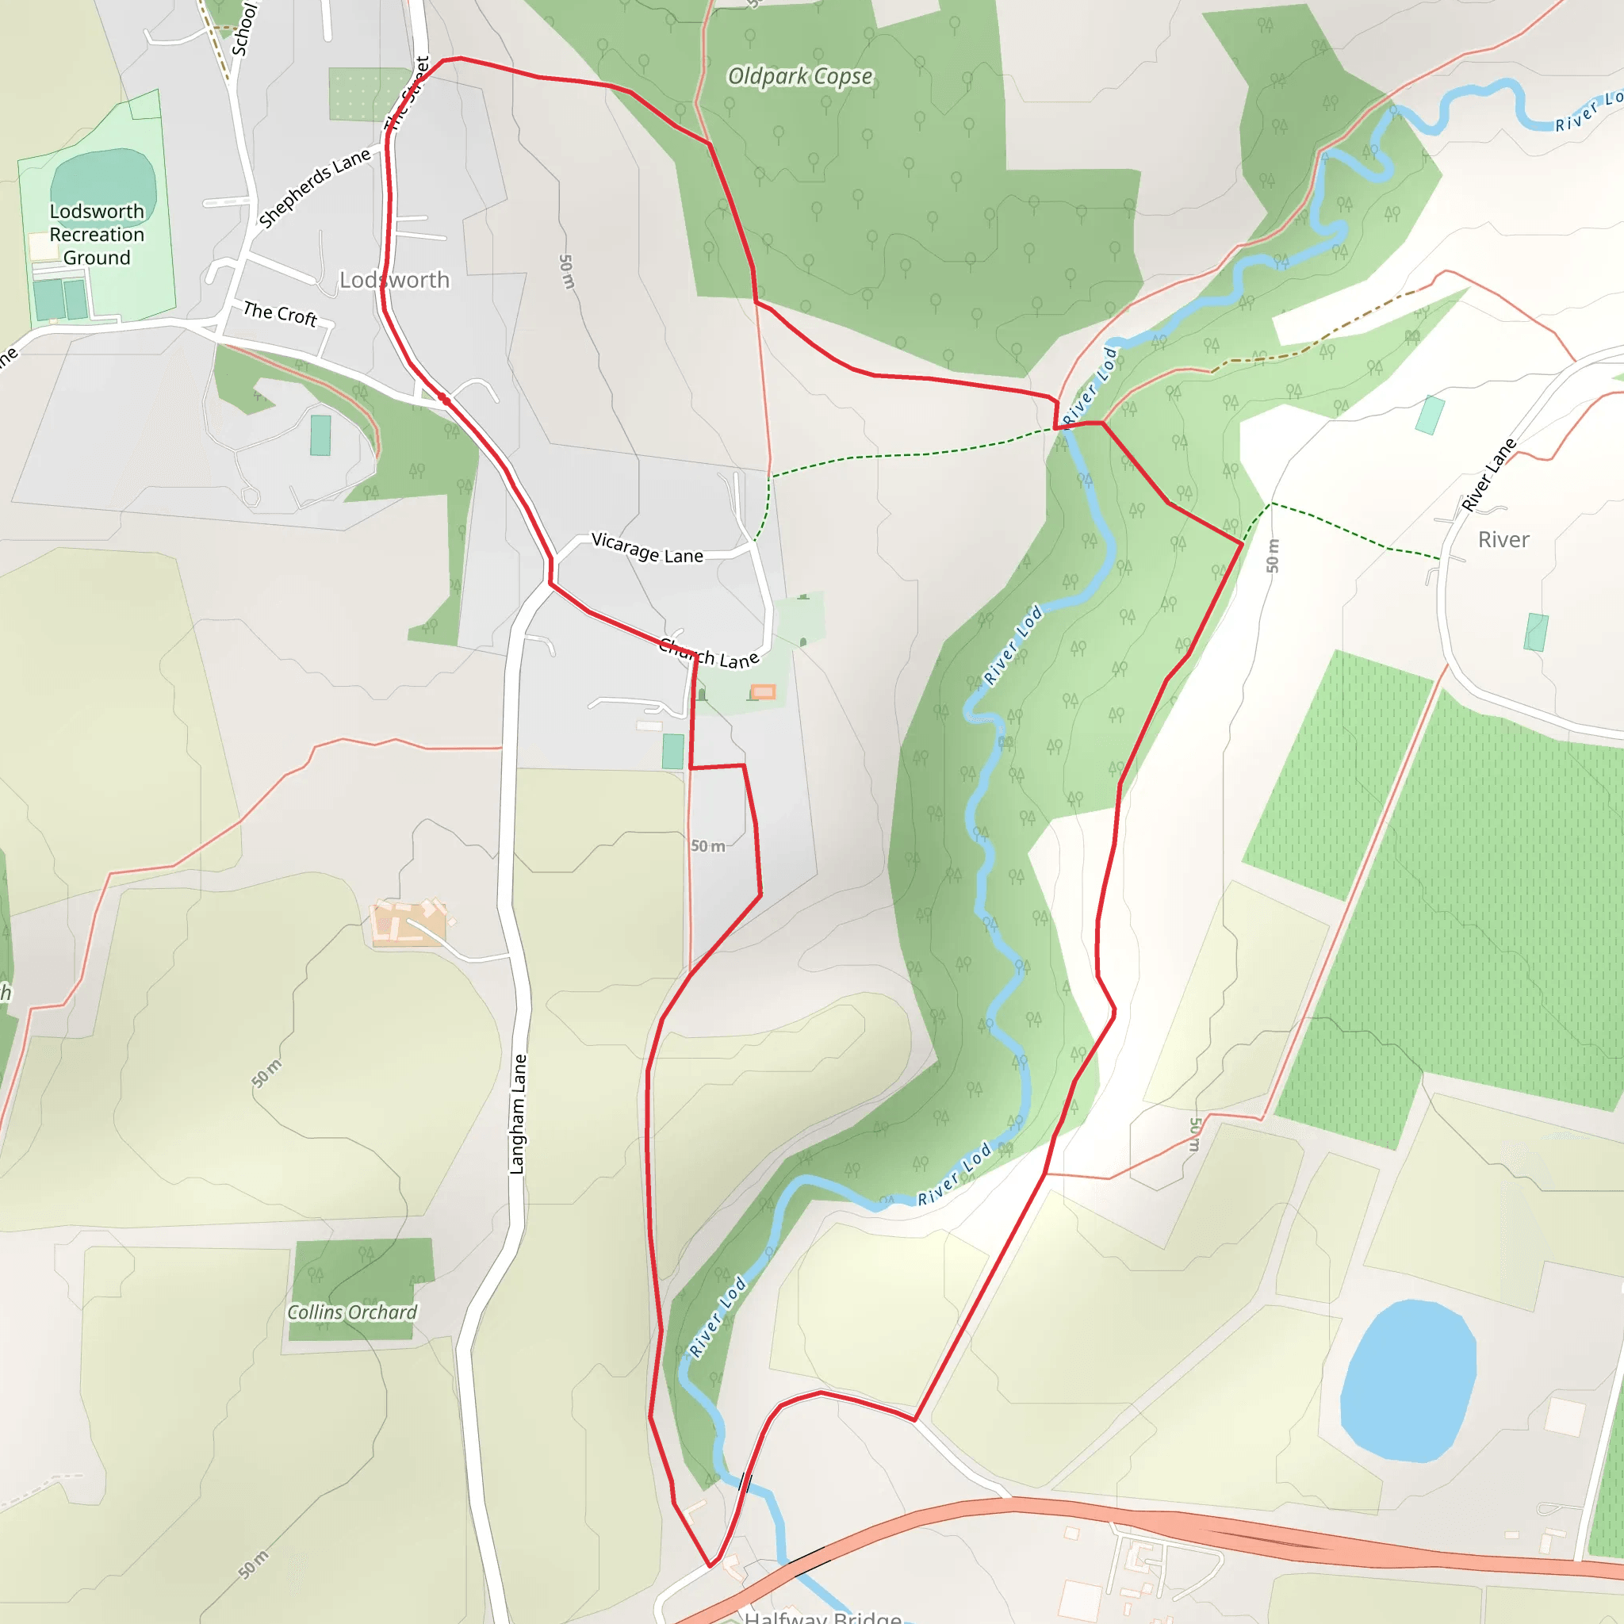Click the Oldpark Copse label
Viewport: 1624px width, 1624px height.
click(x=799, y=76)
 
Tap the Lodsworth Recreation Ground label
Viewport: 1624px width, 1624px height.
click(x=97, y=235)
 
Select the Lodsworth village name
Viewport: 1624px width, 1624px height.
click(x=394, y=280)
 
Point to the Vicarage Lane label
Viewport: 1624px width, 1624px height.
click(x=647, y=548)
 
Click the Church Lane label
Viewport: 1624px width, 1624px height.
click(x=710, y=653)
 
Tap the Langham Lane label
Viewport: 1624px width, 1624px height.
click(x=518, y=1114)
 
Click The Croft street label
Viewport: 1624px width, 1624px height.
click(x=280, y=313)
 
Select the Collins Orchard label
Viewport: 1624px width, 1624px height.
click(x=352, y=1313)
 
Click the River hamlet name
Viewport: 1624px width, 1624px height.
click(x=1503, y=540)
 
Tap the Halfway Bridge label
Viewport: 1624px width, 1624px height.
click(x=823, y=1615)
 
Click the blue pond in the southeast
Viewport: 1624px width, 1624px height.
click(x=1408, y=1382)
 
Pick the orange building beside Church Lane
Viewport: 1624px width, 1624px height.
click(x=762, y=691)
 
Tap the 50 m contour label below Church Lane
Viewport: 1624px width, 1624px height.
click(x=708, y=845)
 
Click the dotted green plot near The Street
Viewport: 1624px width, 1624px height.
click(x=367, y=94)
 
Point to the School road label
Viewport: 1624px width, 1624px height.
click(x=244, y=29)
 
